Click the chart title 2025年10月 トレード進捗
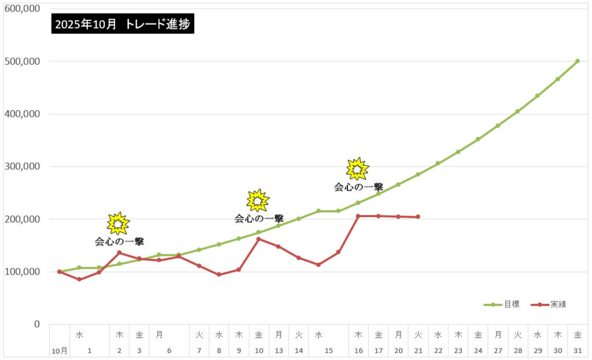(x=123, y=24)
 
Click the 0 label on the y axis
(x=36, y=324)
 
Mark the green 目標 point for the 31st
(x=578, y=61)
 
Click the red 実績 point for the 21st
(x=418, y=217)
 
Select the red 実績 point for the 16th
(x=358, y=216)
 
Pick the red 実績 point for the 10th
(x=258, y=239)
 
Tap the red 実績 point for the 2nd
(x=119, y=253)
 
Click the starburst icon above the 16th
(x=357, y=169)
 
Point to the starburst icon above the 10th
(x=258, y=201)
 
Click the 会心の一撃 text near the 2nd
(x=119, y=242)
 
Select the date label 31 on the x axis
(x=578, y=351)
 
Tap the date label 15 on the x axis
(x=328, y=351)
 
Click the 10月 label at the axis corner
(x=59, y=351)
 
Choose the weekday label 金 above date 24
(x=478, y=335)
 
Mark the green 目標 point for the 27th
(x=498, y=125)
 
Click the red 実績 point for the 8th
(x=219, y=274)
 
